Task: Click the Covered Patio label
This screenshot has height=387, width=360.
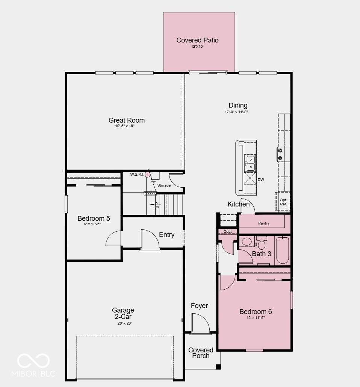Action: point(197,40)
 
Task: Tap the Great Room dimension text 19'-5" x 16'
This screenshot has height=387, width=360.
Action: point(124,126)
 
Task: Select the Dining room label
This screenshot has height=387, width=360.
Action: point(238,105)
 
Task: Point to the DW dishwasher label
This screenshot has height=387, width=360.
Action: point(261,180)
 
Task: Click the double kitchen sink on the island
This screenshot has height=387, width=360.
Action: point(251,163)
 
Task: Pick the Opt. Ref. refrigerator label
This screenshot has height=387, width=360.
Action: point(283,202)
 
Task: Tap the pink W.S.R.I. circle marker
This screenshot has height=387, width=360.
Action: point(147,175)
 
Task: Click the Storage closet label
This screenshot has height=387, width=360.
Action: point(164,185)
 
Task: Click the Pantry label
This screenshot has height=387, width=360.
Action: point(263,223)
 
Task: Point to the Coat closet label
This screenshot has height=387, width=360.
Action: point(228,232)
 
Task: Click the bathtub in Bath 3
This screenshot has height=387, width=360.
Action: point(283,250)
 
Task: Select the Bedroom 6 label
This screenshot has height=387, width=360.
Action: point(256,311)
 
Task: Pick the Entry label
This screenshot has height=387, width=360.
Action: point(167,234)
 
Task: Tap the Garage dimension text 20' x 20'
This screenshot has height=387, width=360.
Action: point(124,323)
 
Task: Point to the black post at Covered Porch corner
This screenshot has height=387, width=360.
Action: point(218,367)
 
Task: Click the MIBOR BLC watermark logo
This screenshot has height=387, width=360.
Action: point(33,365)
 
